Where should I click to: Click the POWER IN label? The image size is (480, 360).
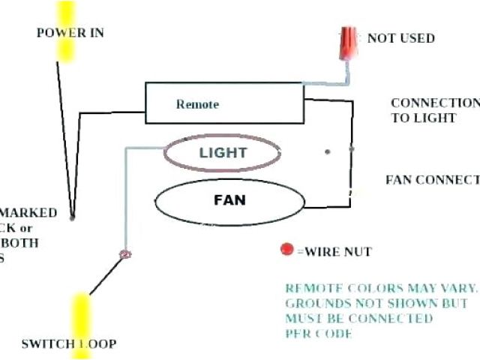(70, 33)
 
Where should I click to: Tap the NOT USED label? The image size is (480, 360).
(400, 37)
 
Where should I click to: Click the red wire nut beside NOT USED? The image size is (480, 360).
(348, 43)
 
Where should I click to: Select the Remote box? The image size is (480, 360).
(223, 103)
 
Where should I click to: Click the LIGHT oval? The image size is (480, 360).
(223, 153)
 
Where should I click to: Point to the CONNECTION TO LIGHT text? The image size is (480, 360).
(434, 110)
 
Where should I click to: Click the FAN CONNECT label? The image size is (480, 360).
(432, 180)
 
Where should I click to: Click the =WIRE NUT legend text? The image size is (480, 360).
(334, 251)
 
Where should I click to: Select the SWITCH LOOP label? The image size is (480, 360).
(68, 343)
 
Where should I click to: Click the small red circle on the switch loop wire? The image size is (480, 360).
(126, 255)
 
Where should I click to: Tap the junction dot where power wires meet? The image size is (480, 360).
(72, 217)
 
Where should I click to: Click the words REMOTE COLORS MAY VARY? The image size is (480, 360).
(380, 288)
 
